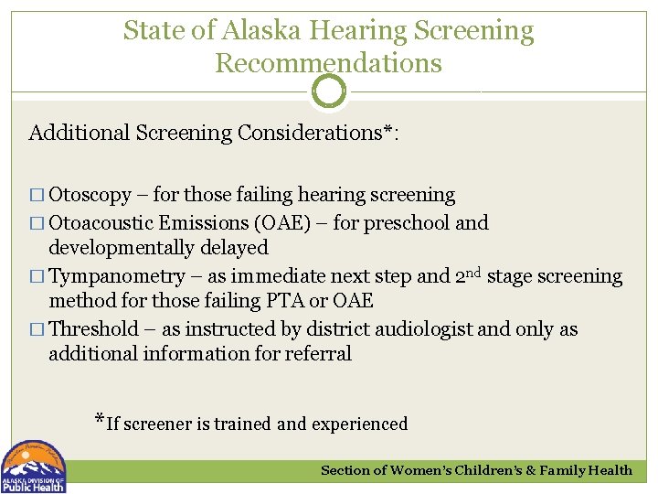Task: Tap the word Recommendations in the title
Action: tap(328, 63)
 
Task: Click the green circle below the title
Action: tap(329, 91)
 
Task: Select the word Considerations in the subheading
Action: tap(310, 133)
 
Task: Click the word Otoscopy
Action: tap(90, 195)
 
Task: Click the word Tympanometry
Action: tap(111, 276)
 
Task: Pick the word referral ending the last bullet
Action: tap(317, 353)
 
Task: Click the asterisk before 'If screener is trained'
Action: tap(100, 421)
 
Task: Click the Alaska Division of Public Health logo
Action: tap(34, 467)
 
